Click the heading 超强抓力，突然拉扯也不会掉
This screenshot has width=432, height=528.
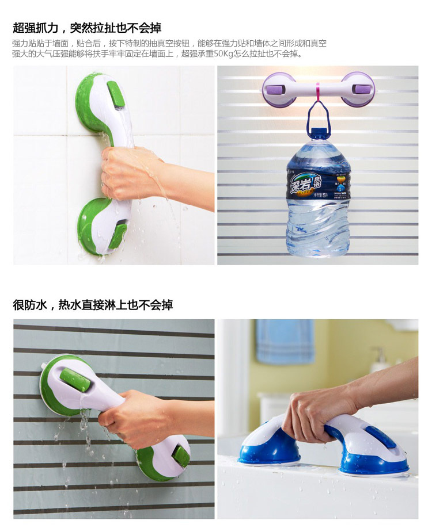[x=87, y=28]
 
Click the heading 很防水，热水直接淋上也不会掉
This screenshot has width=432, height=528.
[x=93, y=305]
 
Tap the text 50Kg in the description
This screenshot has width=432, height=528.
[x=223, y=54]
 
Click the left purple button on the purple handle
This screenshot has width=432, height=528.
[x=275, y=89]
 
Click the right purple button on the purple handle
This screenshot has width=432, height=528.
[x=362, y=90]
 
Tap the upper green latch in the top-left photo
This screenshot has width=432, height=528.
[x=114, y=94]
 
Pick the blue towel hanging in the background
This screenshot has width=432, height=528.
[x=285, y=342]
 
